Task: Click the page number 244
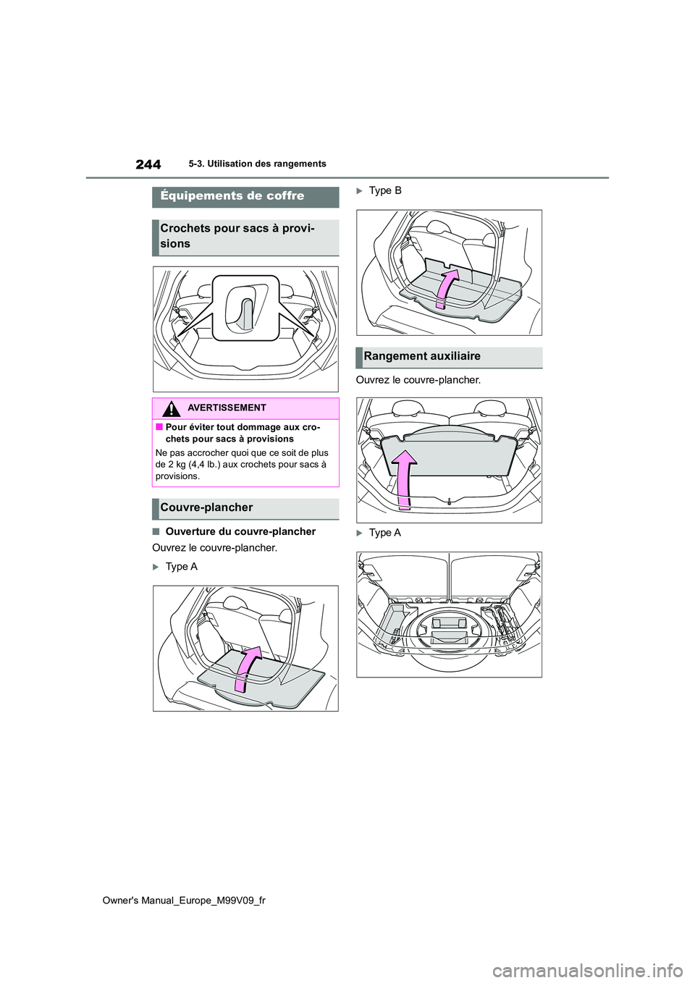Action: click(x=148, y=164)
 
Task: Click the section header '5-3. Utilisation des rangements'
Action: click(x=257, y=164)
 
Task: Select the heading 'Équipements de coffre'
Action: click(x=232, y=196)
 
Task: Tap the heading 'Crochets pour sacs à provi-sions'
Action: click(x=237, y=236)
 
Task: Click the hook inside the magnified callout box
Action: click(x=244, y=309)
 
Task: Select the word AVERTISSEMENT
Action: click(x=227, y=408)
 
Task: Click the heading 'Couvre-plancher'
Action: click(x=206, y=508)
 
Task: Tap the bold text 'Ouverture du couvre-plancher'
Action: click(x=240, y=532)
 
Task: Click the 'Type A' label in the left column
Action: click(x=181, y=567)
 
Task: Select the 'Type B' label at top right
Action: click(x=385, y=190)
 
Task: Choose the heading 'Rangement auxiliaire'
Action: click(x=422, y=357)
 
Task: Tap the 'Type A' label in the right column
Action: click(x=384, y=533)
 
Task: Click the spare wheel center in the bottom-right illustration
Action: click(x=449, y=630)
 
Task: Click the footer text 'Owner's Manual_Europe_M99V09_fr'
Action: click(x=184, y=900)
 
